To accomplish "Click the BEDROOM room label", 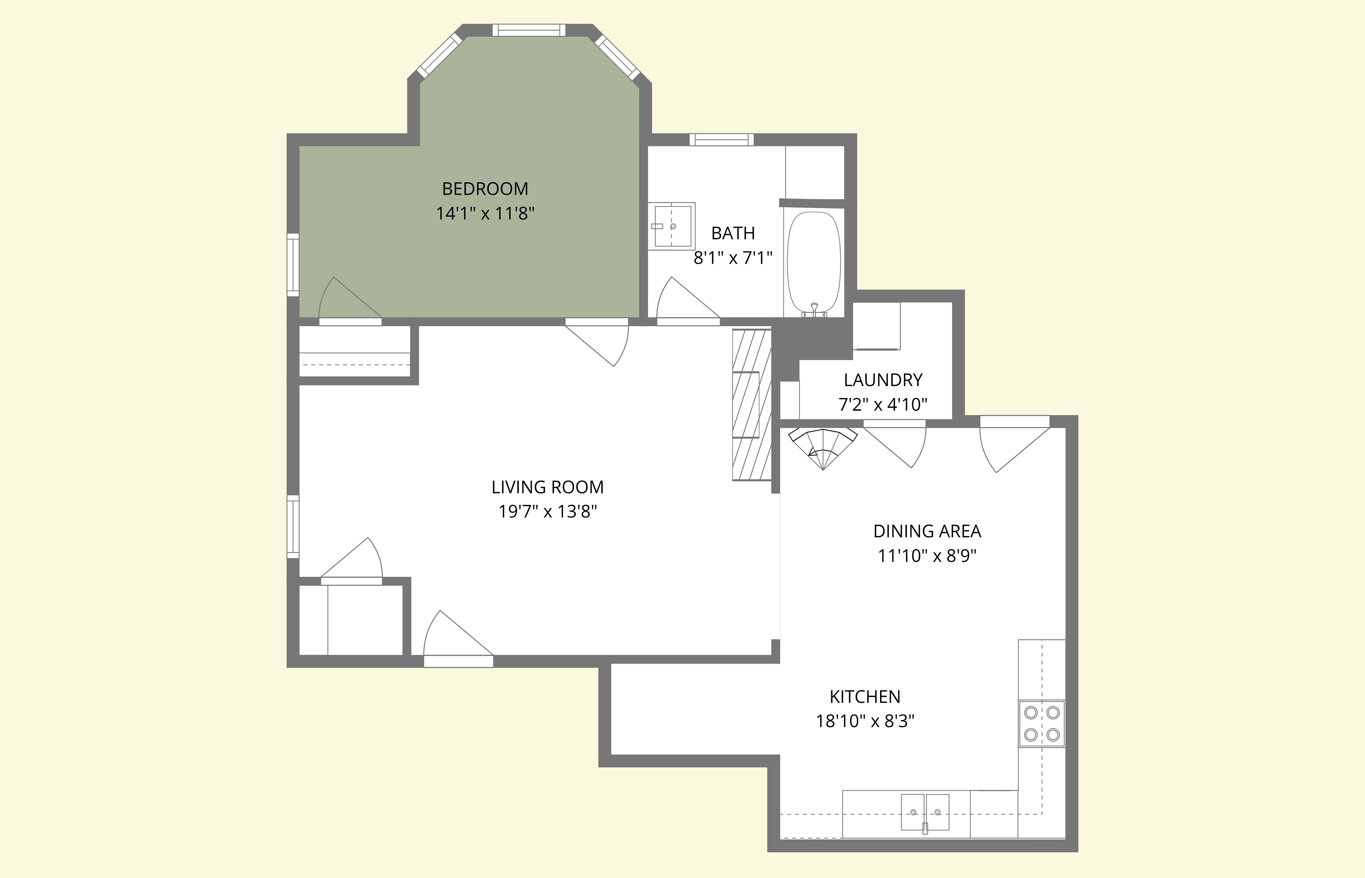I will [x=485, y=189].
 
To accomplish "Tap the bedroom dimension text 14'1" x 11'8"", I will [x=485, y=214].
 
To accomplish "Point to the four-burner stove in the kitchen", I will [x=1041, y=723].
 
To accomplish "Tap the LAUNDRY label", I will [x=883, y=380].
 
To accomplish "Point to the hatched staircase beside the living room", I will [x=751, y=405].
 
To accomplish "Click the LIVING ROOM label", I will [x=547, y=487].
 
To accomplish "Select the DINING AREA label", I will [x=927, y=532].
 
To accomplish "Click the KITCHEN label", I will [x=865, y=697].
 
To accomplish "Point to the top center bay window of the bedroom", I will [x=529, y=30].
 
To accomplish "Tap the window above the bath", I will [x=721, y=140].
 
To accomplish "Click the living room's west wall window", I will [x=292, y=526].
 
